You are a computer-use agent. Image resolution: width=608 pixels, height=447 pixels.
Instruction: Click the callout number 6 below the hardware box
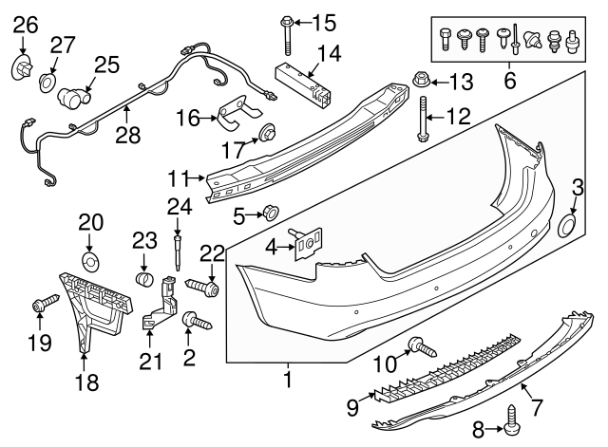[509, 83]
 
